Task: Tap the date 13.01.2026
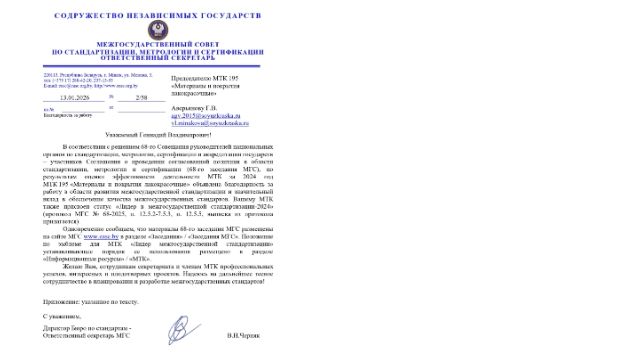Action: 75,97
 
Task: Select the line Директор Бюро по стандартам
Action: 86,328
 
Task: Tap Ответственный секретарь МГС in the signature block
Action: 88,336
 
